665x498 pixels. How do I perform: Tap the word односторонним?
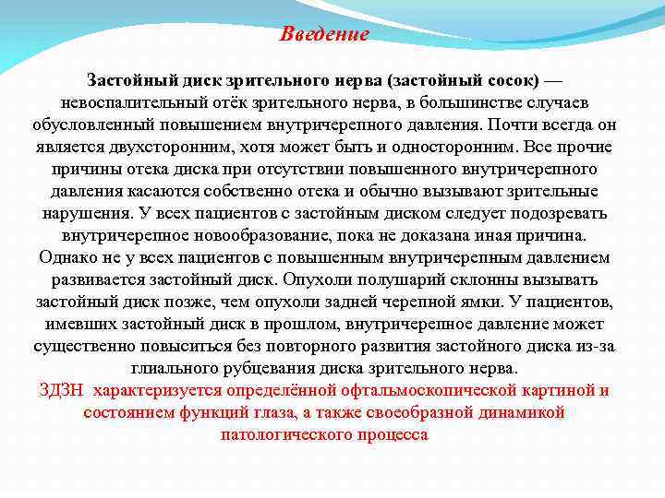[449, 147]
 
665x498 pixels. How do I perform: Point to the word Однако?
[66, 258]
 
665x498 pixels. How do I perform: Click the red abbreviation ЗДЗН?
[61, 390]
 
